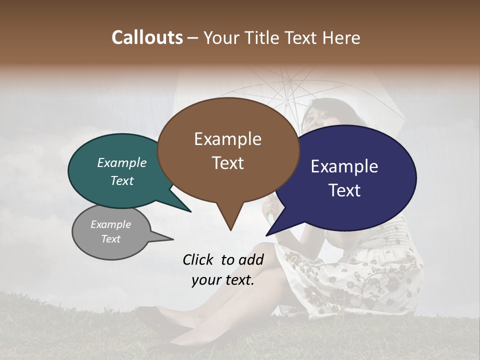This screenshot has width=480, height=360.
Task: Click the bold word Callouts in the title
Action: [147, 37]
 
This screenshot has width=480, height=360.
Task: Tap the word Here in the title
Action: [342, 37]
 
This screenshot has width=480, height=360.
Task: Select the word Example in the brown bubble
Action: [227, 139]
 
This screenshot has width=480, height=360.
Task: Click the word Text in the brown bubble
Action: [227, 163]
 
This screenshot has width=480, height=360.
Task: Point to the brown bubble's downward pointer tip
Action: [230, 230]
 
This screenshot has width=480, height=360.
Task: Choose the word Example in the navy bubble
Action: [344, 166]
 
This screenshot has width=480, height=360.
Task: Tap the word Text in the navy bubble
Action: [344, 190]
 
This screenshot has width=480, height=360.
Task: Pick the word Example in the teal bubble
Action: [122, 162]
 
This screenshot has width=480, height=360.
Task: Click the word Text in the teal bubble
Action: [122, 180]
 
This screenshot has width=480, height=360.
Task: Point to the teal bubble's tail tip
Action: [190, 211]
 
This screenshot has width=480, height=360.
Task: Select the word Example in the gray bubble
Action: [110, 224]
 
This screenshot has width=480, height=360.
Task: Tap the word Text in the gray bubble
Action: [110, 239]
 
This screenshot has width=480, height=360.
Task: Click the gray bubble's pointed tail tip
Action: [173, 239]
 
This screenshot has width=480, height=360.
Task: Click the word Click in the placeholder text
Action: [199, 259]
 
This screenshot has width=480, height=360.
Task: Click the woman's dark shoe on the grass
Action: [155, 320]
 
